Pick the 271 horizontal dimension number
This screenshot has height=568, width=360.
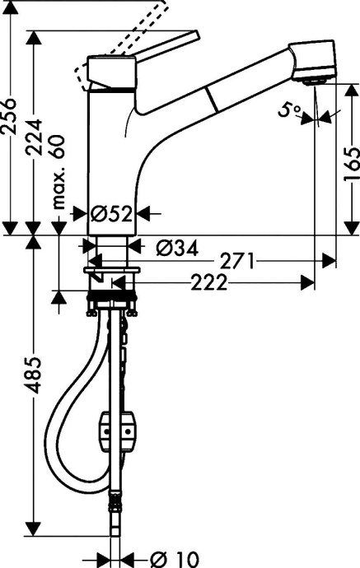pyautogui.click(x=237, y=261)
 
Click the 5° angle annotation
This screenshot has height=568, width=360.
pyautogui.click(x=289, y=109)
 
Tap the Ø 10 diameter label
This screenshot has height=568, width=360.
pyautogui.click(x=171, y=557)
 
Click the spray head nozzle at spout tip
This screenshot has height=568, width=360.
pyautogui.click(x=311, y=79)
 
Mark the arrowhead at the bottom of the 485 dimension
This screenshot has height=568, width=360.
pyautogui.click(x=34, y=526)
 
